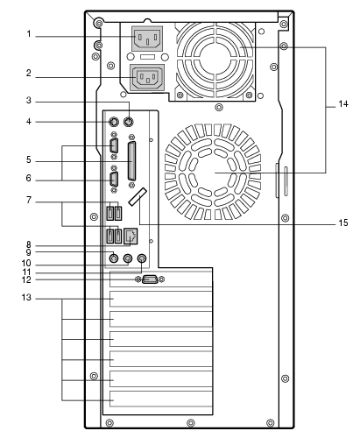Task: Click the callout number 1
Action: click(x=29, y=34)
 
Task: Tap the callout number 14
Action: click(x=343, y=103)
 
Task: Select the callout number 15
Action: click(x=343, y=223)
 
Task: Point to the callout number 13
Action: click(x=26, y=298)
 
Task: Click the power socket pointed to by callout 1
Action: click(x=147, y=38)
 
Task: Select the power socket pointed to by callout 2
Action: click(x=148, y=77)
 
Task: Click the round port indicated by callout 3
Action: click(x=129, y=121)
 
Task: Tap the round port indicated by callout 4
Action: click(x=114, y=121)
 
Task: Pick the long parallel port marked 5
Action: click(x=131, y=161)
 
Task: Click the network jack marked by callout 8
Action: click(x=131, y=237)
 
